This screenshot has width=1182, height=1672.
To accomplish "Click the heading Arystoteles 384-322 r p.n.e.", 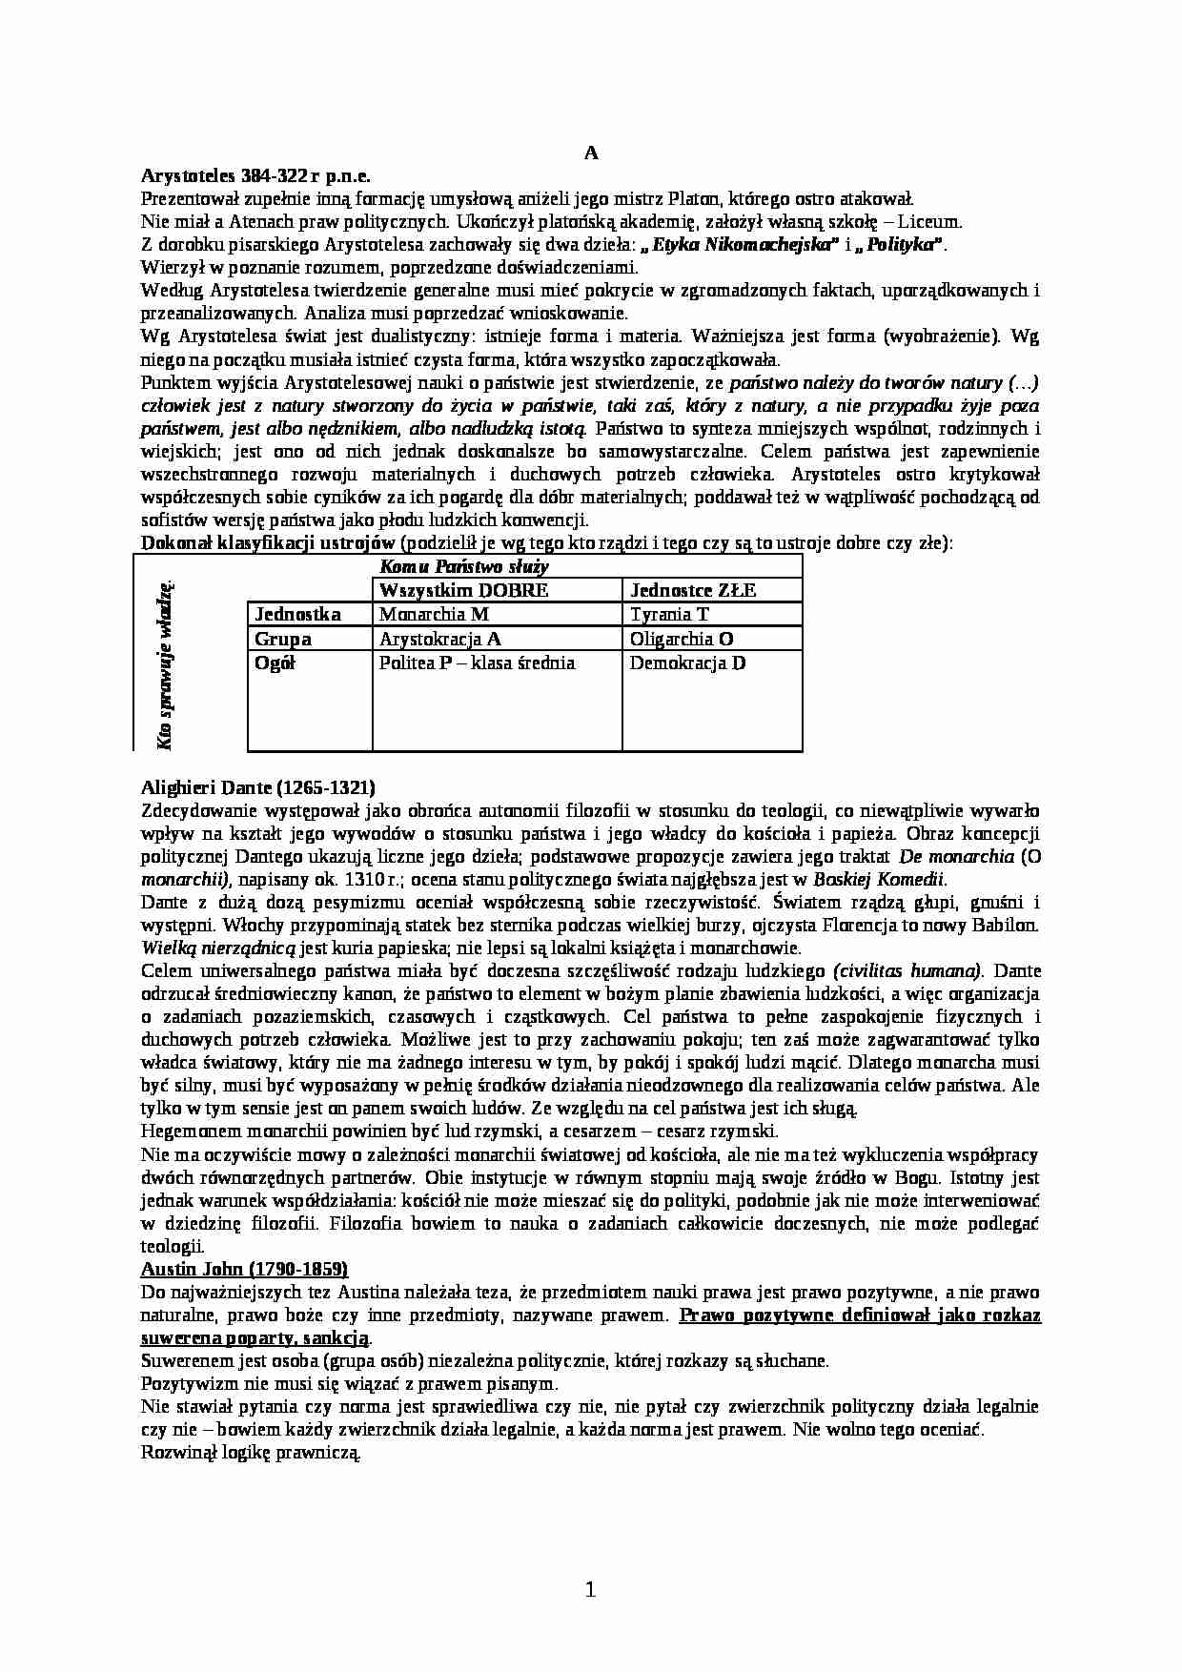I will [x=255, y=176].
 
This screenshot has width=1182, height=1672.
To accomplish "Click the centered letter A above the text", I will [x=590, y=153].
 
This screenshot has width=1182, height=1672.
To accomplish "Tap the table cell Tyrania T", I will [x=669, y=615].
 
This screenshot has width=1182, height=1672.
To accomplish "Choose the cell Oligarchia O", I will [x=681, y=639].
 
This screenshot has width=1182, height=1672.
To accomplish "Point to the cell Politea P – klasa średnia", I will [x=477, y=663].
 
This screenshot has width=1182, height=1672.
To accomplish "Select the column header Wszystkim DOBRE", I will [x=463, y=590].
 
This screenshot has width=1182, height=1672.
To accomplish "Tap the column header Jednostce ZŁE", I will [x=693, y=590].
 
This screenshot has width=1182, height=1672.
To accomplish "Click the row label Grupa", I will [x=283, y=639].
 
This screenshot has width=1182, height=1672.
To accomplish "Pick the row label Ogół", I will [x=275, y=663].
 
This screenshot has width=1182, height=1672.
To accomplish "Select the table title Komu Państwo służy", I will [x=464, y=567].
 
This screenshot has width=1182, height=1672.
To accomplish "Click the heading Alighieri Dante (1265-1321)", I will [x=257, y=787].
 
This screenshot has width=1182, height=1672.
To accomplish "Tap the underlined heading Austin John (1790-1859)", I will [x=244, y=1269].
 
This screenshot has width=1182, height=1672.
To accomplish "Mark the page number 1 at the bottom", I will [x=589, y=1589].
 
